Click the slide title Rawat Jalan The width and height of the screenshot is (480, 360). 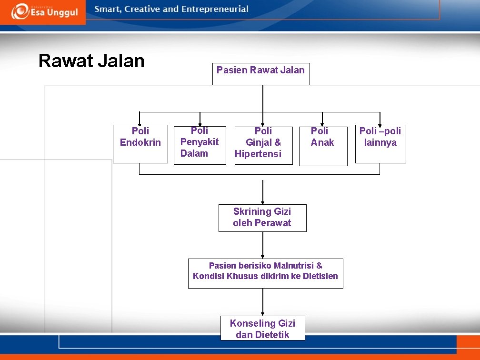(91, 61)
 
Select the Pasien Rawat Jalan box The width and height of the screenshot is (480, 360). (261, 74)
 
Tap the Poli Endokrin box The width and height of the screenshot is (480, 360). (140, 144)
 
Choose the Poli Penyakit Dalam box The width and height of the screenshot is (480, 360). (200, 145)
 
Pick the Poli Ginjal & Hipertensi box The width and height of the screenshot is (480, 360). (263, 145)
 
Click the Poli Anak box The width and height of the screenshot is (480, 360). (323, 146)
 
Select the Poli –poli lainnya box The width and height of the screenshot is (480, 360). (380, 144)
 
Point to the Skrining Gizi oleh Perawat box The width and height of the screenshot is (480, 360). (262, 218)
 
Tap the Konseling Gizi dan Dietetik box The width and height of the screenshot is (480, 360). (262, 329)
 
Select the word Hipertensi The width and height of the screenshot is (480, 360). (259, 154)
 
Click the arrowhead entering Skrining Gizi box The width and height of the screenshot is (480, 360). (263, 202)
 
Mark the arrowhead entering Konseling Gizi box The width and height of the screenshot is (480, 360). (263, 313)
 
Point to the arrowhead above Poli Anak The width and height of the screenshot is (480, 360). (322, 123)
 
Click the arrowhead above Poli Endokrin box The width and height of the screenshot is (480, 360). (140, 123)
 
